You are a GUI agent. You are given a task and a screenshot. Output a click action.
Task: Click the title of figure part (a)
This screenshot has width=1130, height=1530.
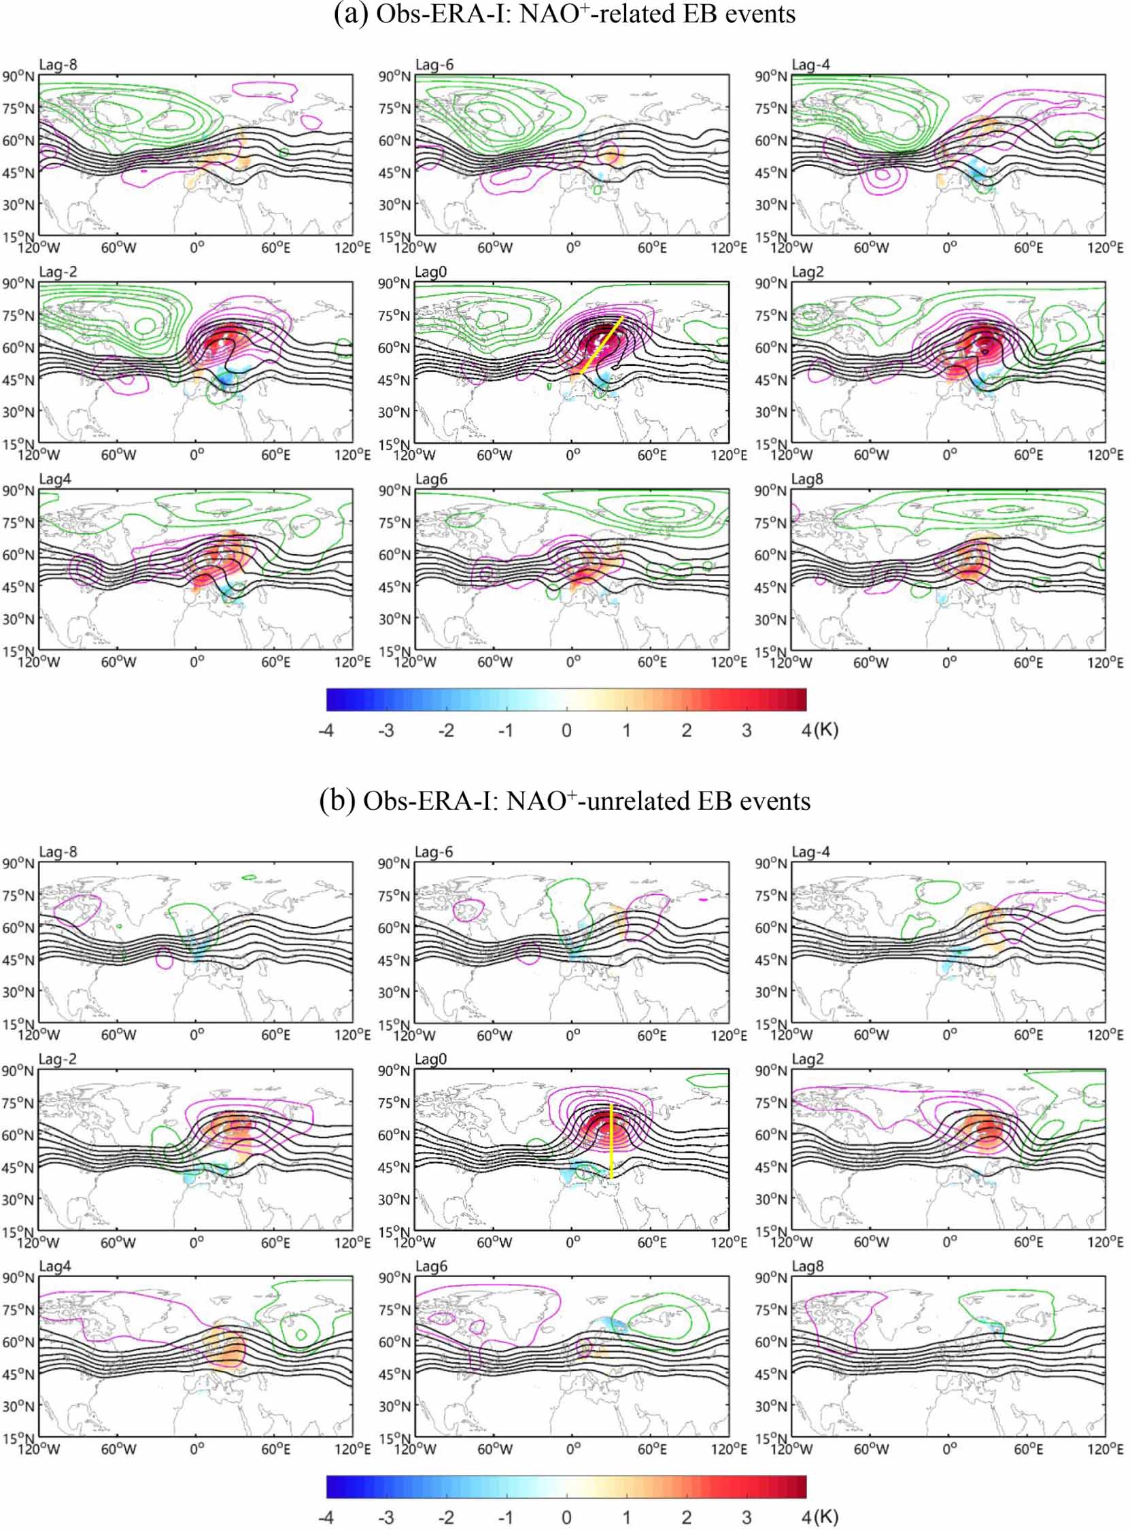[564, 14]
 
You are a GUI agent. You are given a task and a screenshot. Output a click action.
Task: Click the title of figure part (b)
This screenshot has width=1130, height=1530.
[564, 801]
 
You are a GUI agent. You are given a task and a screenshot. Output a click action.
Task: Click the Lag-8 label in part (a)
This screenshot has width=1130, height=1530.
[58, 65]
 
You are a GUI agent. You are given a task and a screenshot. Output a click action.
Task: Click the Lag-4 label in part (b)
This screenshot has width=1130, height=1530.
[810, 852]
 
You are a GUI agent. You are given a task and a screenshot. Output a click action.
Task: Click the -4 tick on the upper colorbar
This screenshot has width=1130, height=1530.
[326, 730]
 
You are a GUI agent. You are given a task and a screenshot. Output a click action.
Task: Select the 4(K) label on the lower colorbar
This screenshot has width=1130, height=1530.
[819, 1517]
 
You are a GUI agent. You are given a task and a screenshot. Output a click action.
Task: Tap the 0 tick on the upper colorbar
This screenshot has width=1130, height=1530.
[566, 730]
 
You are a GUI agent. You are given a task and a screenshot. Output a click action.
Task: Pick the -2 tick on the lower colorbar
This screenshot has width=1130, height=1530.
[446, 1517]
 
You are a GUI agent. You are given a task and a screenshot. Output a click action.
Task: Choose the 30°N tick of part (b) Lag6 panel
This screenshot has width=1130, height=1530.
[394, 1406]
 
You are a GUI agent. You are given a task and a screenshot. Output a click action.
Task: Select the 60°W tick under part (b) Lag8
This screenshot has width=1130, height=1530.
[871, 1448]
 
